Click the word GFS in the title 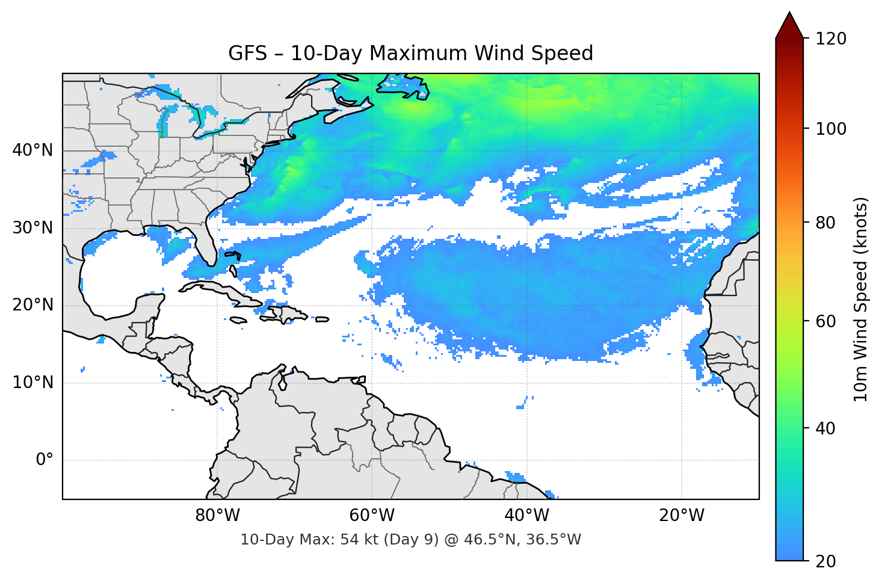coord(247,54)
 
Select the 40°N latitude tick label coord(32,150)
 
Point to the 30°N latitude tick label coord(32,228)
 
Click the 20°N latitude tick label coord(32,305)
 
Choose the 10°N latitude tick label coord(32,383)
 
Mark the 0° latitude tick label coord(45,460)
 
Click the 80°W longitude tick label coord(217,516)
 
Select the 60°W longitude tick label coord(372,516)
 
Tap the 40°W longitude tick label coord(526,516)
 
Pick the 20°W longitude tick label coord(681,516)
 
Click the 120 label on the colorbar coord(831,39)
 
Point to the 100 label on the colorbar coord(831,129)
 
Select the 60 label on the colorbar coord(825,321)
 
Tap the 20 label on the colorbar coord(825,561)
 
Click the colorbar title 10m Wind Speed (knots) coord(861,299)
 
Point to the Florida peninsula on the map coord(205,244)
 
